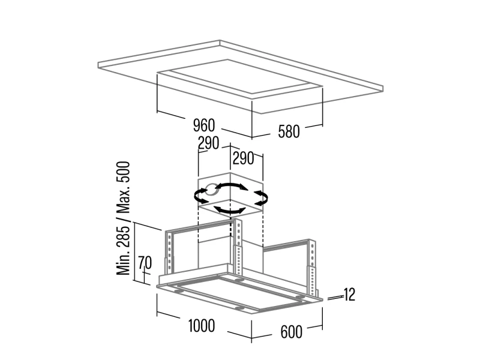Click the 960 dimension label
click(204, 125)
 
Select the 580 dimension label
click(289, 131)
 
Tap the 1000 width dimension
click(202, 325)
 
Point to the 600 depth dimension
click(291, 332)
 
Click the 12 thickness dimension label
click(349, 295)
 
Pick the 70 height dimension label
click(145, 263)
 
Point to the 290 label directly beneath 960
click(208, 143)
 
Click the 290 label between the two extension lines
click(244, 158)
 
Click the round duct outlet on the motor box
click(212, 190)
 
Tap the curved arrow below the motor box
click(229, 211)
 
